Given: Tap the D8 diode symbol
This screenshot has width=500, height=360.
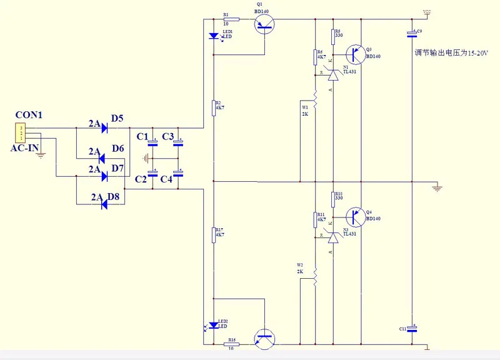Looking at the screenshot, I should click(105, 204).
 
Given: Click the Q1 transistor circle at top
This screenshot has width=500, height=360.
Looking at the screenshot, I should click(266, 24).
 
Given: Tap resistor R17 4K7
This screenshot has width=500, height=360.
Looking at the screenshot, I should click(214, 234).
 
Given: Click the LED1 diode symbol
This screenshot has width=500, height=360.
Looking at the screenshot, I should click(214, 36).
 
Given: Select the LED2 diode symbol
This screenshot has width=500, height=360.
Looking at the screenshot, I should click(214, 324).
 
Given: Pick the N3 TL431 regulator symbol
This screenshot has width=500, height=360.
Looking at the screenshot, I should click(332, 237).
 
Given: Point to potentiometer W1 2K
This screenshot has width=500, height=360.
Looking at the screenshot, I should click(316, 105).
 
